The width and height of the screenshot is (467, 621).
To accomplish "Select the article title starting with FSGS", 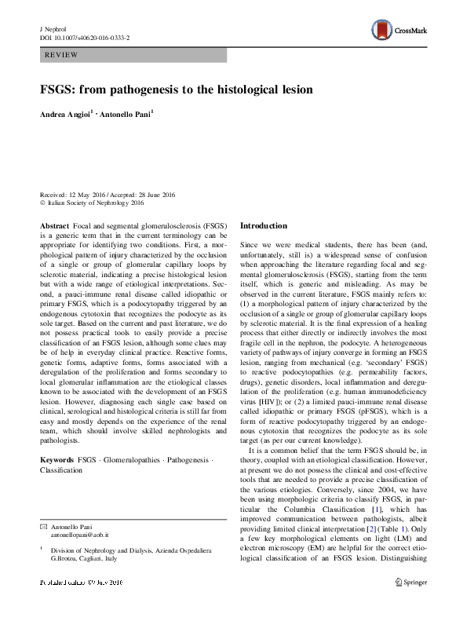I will [177, 90].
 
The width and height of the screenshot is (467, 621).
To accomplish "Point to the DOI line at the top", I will [86, 36].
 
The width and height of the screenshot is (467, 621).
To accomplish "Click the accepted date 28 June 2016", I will [159, 195].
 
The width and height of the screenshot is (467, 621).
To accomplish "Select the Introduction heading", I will [264, 226].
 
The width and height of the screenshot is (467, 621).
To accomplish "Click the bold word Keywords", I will [57, 458].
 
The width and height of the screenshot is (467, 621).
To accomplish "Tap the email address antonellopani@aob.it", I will [81, 534].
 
